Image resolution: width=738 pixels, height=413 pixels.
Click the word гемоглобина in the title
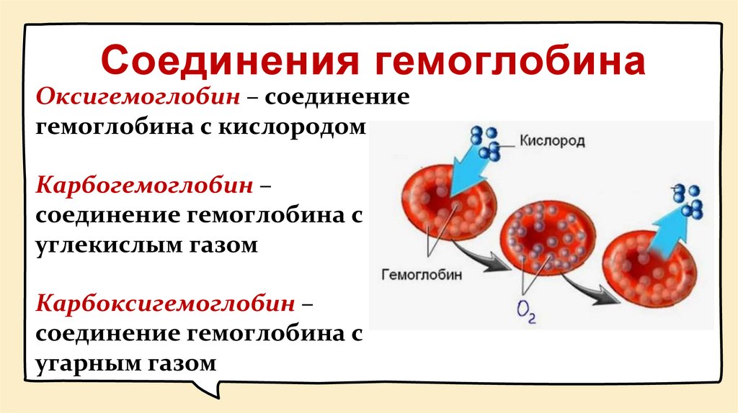coord(509,60)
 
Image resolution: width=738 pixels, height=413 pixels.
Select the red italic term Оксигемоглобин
coord(133,96)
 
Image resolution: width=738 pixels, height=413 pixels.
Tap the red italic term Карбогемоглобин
coord(145,186)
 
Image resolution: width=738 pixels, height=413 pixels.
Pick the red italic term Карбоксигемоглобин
coord(166,304)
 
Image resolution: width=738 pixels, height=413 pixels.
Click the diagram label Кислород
coord(552,141)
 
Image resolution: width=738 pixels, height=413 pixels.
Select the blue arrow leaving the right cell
coord(659,234)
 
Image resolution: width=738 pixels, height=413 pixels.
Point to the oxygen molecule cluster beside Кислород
coord(486,142)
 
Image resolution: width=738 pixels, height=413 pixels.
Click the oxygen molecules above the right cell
coord(688,201)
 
